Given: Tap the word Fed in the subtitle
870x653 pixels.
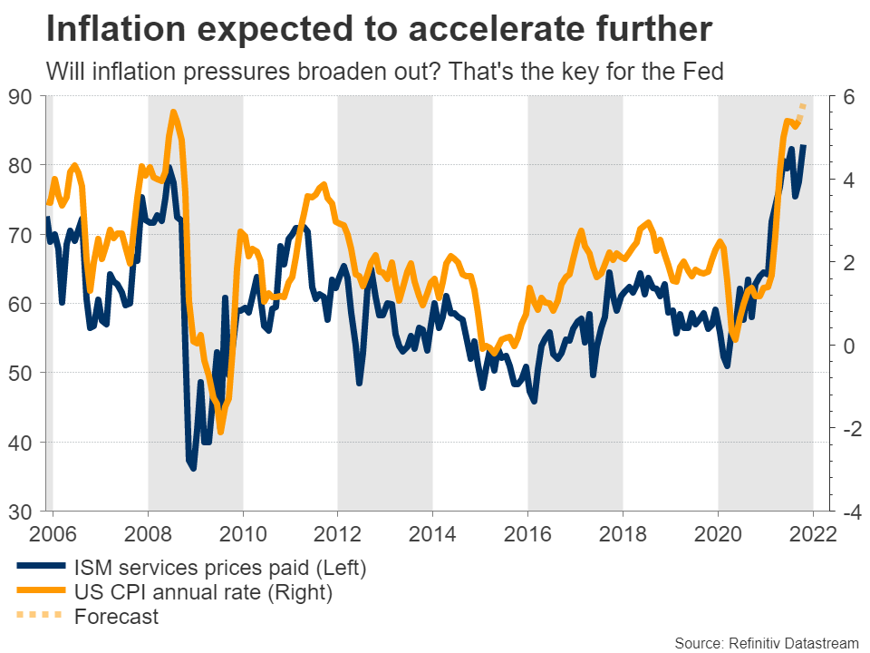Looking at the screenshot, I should [x=703, y=72].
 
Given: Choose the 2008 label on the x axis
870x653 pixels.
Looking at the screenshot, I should [x=148, y=532].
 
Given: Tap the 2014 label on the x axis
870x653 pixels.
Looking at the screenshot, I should [x=432, y=532].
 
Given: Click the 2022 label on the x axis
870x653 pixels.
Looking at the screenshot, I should [x=812, y=532].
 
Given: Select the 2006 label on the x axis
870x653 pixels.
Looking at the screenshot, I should [x=53, y=532].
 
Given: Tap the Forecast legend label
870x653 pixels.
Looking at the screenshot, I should [x=118, y=617].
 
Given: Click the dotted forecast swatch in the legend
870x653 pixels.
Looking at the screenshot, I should [x=39, y=616].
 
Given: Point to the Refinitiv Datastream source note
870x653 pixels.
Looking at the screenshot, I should [x=767, y=642].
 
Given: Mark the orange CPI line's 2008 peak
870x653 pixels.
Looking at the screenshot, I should [x=173, y=112].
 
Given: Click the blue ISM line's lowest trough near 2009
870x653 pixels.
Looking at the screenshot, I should [x=193, y=468].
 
